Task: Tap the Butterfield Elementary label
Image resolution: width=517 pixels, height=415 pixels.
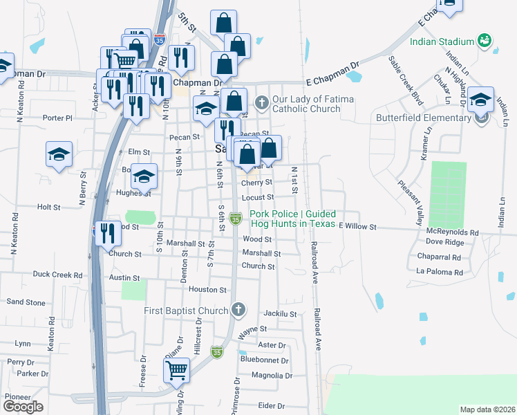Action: [424, 118]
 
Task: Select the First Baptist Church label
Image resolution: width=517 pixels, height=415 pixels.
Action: [187, 311]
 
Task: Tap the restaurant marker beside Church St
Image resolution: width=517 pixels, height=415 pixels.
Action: [106, 232]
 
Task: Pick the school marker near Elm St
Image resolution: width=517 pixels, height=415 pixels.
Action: [59, 154]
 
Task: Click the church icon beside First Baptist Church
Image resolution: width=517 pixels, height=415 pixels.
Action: [238, 309]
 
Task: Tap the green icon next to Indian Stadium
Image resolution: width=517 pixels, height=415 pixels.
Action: [486, 41]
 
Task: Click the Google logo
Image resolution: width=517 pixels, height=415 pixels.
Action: [23, 407]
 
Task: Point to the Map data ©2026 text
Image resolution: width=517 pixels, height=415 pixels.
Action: [487, 409]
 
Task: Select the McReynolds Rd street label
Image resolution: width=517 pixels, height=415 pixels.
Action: [453, 232]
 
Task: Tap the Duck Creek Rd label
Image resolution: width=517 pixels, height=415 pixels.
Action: [57, 275]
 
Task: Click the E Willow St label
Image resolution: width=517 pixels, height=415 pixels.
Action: [357, 226]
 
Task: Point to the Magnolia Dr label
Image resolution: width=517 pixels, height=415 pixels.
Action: [269, 376]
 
